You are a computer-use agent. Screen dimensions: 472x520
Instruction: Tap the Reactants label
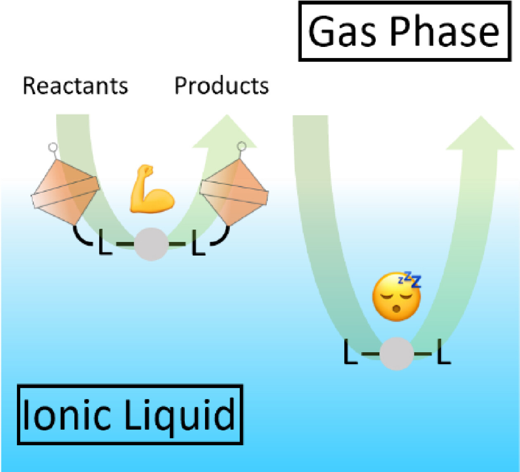[x=75, y=86]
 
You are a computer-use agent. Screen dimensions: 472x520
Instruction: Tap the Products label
[x=221, y=86]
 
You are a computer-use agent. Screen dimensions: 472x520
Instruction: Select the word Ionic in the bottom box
[x=66, y=414]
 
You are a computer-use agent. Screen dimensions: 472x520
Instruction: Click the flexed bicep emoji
[x=151, y=189]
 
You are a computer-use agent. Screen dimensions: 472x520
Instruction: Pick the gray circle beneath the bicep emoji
[x=151, y=244]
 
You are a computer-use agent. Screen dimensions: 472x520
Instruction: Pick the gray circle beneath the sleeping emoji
[x=396, y=353]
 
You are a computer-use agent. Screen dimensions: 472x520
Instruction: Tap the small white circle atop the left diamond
[x=52, y=147]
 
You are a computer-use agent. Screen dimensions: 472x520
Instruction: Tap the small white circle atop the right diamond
[x=242, y=146]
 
